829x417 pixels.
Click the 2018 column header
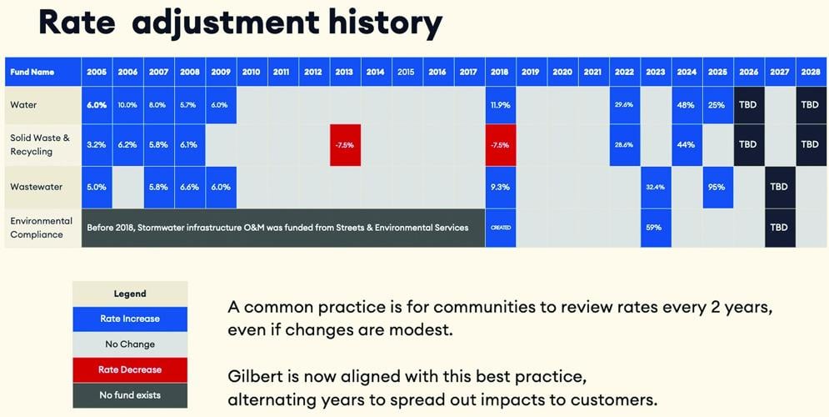pyautogui.click(x=500, y=72)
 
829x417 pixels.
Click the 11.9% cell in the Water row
pyautogui.click(x=500, y=105)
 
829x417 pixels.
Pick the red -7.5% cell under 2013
pyautogui.click(x=345, y=145)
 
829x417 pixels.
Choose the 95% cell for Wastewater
pyautogui.click(x=717, y=188)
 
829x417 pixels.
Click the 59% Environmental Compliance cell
pyautogui.click(x=656, y=228)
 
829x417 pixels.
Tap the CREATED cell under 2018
pyautogui.click(x=500, y=228)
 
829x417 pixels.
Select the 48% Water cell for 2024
pyautogui.click(x=687, y=105)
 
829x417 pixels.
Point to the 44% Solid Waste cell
pyautogui.click(x=687, y=145)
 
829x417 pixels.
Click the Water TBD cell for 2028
pyautogui.click(x=810, y=105)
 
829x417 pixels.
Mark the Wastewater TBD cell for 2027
pyautogui.click(x=779, y=188)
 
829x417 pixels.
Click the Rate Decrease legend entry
pyautogui.click(x=130, y=370)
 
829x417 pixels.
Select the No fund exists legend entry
pyautogui.click(x=130, y=395)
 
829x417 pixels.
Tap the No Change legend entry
pyautogui.click(x=130, y=344)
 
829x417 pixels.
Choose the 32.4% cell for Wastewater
pyautogui.click(x=656, y=188)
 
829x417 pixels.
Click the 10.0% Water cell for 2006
pyautogui.click(x=127, y=105)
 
